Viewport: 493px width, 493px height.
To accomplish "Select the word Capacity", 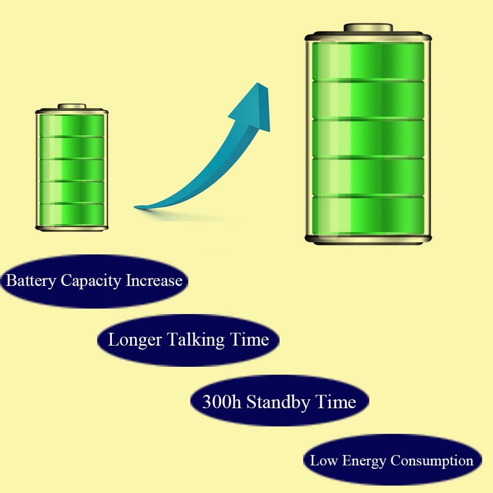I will click(91, 281).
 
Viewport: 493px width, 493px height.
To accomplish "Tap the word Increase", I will click(154, 281).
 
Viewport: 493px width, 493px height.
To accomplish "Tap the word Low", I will click(323, 461).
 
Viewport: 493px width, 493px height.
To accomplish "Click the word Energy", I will click(364, 461).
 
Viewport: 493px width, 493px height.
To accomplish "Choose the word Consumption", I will click(432, 461).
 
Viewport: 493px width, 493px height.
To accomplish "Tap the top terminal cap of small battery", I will click(72, 106).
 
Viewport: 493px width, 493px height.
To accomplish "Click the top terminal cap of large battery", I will click(368, 28).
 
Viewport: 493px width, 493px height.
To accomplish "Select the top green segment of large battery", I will click(368, 60).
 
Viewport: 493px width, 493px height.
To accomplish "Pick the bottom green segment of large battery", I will click(368, 215).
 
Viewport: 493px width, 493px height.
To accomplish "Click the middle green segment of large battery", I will click(368, 138).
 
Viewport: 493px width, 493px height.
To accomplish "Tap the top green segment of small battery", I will click(72, 125).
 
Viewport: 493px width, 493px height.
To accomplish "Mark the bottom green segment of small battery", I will click(72, 213).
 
